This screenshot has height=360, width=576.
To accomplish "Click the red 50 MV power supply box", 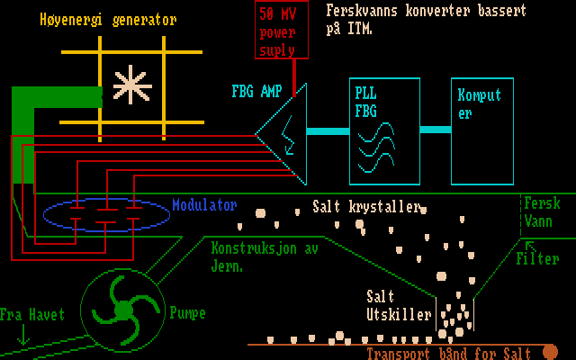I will [283, 30].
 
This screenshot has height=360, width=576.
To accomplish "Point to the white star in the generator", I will [132, 85].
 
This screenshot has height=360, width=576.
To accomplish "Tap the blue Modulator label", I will [204, 205].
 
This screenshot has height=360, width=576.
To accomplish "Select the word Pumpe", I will [187, 313].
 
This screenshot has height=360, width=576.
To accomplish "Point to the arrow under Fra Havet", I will [23, 336].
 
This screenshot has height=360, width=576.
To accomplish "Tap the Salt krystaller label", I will [367, 206].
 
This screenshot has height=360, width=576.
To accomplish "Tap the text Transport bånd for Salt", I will [448, 354].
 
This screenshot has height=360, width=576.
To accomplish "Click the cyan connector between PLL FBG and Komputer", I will [436, 130].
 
